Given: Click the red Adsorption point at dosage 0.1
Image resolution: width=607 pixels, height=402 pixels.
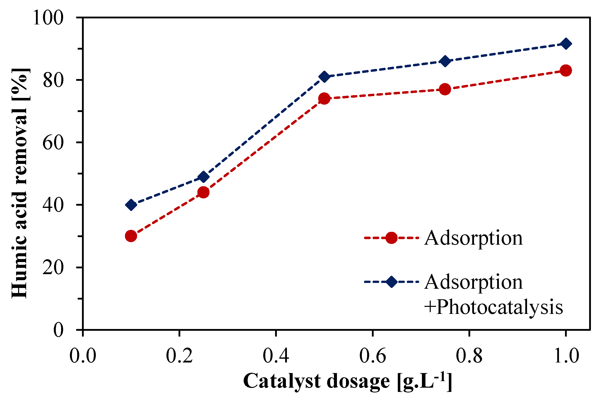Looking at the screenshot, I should coord(131,236).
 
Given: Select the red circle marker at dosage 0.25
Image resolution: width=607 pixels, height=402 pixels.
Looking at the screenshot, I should coord(203,192).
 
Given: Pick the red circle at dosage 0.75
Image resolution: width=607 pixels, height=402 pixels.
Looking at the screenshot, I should coord(445,89).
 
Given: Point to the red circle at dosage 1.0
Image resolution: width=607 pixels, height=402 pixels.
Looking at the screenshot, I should coord(566,70).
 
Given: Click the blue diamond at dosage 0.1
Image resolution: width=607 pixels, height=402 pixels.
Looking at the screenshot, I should coord(131,205).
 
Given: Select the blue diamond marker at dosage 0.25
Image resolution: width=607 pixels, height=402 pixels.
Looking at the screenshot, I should coord(203,177).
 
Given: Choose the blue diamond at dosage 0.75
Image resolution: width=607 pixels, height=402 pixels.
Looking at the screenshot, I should coord(445,61).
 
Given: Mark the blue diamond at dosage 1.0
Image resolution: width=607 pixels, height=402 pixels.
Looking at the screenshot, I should coord(566,44).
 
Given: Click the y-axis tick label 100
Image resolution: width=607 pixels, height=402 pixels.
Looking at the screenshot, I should coord(48,18).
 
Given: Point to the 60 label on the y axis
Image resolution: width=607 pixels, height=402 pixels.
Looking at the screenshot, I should coord(53,143).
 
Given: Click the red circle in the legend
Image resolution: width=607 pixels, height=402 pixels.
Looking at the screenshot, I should coord(391,238).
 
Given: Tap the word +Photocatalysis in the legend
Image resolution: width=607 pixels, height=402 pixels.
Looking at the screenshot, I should coord(493,307).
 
